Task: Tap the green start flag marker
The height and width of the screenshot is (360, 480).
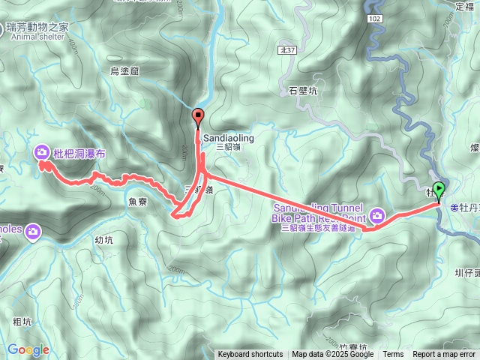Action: (x=439, y=190)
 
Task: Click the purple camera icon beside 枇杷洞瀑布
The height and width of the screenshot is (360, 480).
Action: (x=41, y=153)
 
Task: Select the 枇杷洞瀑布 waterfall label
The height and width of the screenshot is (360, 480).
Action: (x=79, y=153)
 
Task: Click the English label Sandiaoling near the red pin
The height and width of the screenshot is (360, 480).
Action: (x=229, y=139)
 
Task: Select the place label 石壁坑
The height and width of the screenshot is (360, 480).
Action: (x=304, y=91)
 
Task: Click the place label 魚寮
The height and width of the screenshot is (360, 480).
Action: (x=138, y=201)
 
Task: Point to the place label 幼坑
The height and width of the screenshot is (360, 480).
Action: (x=104, y=240)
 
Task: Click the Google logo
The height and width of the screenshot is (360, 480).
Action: (x=28, y=349)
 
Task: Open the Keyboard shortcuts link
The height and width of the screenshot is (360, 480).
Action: (x=250, y=355)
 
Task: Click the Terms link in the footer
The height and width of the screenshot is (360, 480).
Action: (x=393, y=355)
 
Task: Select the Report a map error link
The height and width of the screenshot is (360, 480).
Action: (x=444, y=355)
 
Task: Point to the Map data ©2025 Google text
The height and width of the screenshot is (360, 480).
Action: (x=332, y=355)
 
